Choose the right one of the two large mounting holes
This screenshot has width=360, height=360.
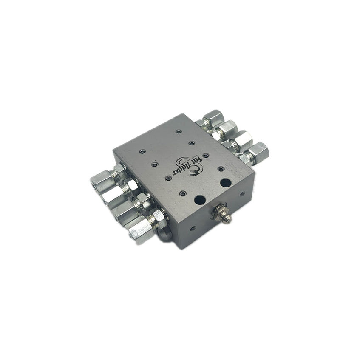[226, 183]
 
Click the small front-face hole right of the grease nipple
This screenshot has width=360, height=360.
[242, 194]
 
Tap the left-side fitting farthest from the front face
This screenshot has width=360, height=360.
[104, 177]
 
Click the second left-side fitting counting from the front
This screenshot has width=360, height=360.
[128, 210]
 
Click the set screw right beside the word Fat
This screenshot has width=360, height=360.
[206, 156]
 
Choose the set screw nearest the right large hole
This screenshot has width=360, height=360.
[221, 169]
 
